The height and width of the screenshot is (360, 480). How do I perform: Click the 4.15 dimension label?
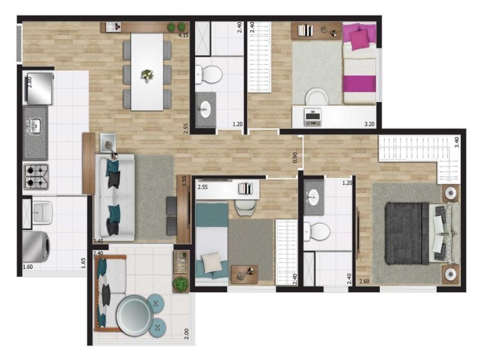184,35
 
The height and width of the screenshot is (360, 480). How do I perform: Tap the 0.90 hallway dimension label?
295,157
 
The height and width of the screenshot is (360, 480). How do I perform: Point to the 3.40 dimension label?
457,142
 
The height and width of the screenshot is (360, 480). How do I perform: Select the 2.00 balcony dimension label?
187,334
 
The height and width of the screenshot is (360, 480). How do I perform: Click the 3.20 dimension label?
370,124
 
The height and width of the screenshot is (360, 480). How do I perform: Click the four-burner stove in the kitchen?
37,176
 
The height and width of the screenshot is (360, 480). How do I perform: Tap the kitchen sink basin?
35,125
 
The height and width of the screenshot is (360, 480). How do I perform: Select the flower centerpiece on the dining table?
147,76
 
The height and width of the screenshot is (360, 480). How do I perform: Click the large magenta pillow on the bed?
359,41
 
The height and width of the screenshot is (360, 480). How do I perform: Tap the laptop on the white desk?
312,116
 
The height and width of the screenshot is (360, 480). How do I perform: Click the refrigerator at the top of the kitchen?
38,88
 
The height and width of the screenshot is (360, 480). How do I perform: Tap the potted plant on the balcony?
181,284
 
